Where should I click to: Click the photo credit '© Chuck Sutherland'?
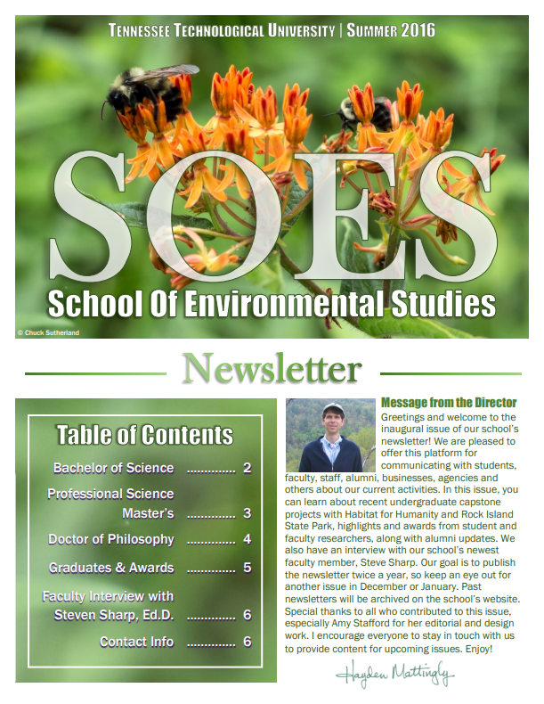(x=49, y=332)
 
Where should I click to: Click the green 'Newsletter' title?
(x=272, y=368)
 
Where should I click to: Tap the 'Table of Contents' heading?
(x=145, y=435)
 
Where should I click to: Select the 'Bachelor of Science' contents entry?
(x=113, y=468)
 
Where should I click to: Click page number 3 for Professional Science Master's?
(x=248, y=513)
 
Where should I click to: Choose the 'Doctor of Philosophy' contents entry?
(x=111, y=539)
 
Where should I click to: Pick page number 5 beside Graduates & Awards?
(x=248, y=568)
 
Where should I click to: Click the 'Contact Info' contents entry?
(x=136, y=642)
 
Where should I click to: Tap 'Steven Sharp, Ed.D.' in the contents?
(x=113, y=615)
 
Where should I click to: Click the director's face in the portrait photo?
(x=332, y=424)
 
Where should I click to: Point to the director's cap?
(x=332, y=410)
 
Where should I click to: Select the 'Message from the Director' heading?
(x=435, y=403)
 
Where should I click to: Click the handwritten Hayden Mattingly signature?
(x=394, y=674)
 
